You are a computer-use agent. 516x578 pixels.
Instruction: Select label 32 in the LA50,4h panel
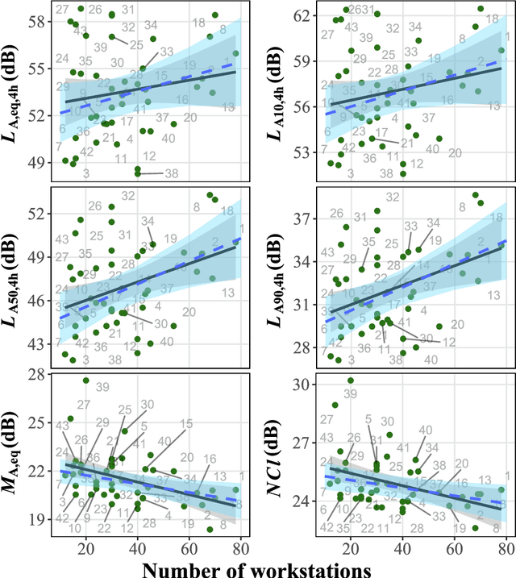[127, 196]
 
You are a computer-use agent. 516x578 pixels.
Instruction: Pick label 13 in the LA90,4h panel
[494, 297]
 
